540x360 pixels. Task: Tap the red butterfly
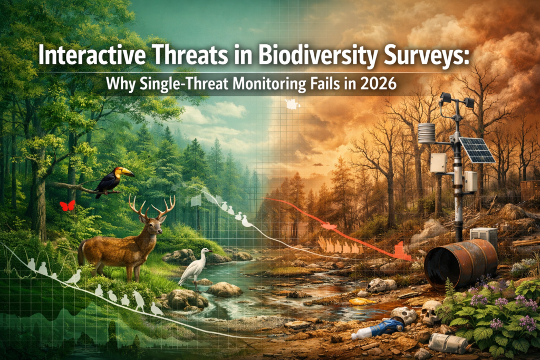[x=67, y=206]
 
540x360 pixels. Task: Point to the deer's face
[x=154, y=227]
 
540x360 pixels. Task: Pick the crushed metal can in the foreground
[x=448, y=343]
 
